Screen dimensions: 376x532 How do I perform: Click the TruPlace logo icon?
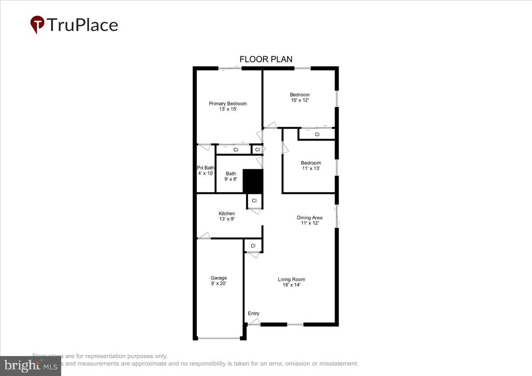[x=37, y=24]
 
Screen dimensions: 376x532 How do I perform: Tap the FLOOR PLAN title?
[x=266, y=59]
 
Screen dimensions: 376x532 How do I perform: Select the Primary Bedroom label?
[x=228, y=104]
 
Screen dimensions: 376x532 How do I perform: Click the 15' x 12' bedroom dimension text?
[x=300, y=100]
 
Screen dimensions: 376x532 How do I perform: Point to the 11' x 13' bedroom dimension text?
[x=311, y=168]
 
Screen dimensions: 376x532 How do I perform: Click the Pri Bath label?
[x=206, y=168]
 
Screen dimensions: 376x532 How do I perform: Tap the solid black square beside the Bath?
[x=253, y=181]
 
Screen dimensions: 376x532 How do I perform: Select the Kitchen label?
[x=227, y=214]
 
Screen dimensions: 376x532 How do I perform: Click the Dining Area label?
[x=309, y=218]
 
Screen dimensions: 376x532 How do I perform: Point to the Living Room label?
[x=291, y=279]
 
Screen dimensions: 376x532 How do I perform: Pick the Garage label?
[x=219, y=278]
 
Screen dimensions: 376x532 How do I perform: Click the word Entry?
[x=254, y=313]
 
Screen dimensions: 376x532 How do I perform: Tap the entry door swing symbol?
[x=254, y=322]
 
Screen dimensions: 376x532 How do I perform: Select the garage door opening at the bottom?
[x=219, y=338]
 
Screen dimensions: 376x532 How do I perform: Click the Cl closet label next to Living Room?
[x=253, y=246]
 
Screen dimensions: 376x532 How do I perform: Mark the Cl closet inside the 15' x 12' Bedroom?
[x=317, y=134]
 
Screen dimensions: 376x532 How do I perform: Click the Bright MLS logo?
[x=30, y=366]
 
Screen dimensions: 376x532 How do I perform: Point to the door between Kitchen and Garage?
[x=204, y=235]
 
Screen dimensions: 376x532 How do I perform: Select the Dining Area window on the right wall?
[x=337, y=216]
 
